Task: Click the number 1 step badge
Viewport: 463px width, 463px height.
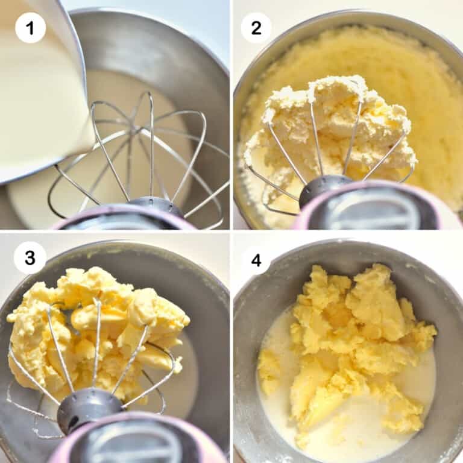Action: [30, 28]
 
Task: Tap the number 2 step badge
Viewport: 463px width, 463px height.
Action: [256, 28]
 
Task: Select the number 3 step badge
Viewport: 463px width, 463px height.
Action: [29, 259]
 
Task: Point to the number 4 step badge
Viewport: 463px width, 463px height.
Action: [256, 260]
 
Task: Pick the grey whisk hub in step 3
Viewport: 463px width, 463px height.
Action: [90, 407]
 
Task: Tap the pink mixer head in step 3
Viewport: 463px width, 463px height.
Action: [139, 440]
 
